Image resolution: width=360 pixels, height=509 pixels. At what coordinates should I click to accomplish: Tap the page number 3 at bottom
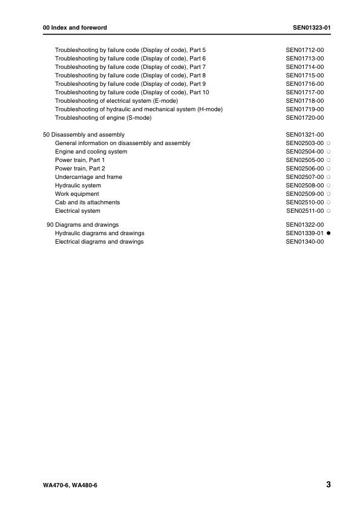tap(327, 485)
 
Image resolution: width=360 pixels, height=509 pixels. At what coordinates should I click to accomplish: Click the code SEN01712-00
tap(305, 50)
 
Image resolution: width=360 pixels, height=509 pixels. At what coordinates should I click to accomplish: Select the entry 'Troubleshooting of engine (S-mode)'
tap(103, 118)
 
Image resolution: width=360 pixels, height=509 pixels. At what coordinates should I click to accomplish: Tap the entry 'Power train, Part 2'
tap(80, 168)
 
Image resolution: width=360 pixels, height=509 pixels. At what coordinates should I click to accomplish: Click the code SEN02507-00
tap(305, 177)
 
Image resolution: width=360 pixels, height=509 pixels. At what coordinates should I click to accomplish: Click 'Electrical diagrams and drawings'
tap(99, 242)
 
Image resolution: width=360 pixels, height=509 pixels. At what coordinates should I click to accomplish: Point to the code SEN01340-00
tap(305, 242)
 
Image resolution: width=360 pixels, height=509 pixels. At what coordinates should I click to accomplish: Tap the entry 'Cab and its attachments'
tap(87, 202)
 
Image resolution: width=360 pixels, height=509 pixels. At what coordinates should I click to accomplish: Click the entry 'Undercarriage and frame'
tap(88, 177)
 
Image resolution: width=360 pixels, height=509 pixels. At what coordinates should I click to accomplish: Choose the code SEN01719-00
tap(305, 109)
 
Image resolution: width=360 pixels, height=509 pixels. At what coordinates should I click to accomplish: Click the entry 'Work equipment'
tap(77, 193)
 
